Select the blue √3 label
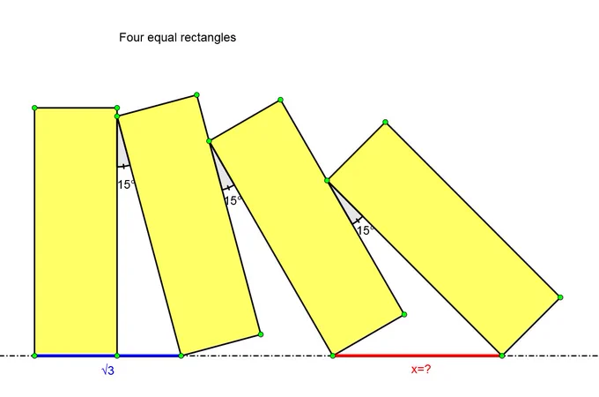(x=107, y=371)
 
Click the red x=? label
(x=421, y=369)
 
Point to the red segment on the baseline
(x=418, y=356)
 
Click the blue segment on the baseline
(x=107, y=356)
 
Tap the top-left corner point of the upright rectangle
(x=34, y=109)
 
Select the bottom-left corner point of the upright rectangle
(x=34, y=356)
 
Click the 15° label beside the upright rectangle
(x=126, y=184)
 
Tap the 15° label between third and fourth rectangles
(x=366, y=230)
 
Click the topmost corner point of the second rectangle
(x=196, y=95)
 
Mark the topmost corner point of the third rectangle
(x=280, y=100)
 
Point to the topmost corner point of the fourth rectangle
(x=385, y=122)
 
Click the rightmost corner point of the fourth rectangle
(x=560, y=297)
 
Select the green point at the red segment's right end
(x=502, y=356)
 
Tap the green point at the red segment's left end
(x=333, y=356)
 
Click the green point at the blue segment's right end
(x=181, y=356)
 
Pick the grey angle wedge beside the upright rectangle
(x=122, y=149)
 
